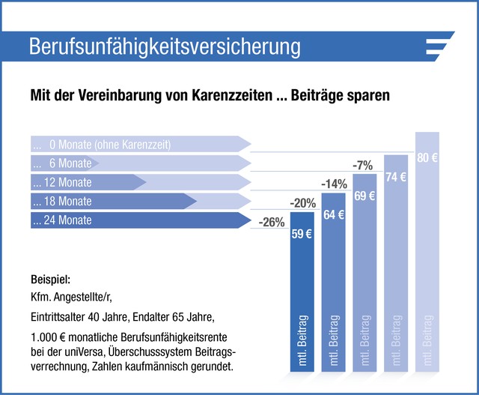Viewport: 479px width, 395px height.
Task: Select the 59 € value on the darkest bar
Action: pos(302,233)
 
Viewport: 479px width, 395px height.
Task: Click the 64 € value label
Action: pos(334,214)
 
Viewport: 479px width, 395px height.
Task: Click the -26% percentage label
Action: pos(270,223)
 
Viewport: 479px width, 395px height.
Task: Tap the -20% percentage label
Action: pos(303,203)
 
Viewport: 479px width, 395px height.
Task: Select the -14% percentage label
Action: pos(334,184)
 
